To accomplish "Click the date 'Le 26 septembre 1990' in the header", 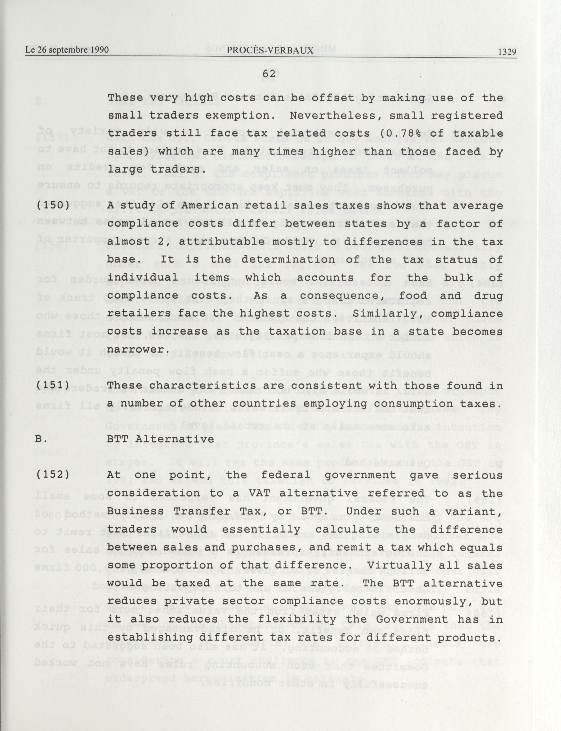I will (x=67, y=50).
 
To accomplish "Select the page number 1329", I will (x=507, y=52).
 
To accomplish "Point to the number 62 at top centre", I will (x=269, y=74).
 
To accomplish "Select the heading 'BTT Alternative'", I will (x=160, y=439).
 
